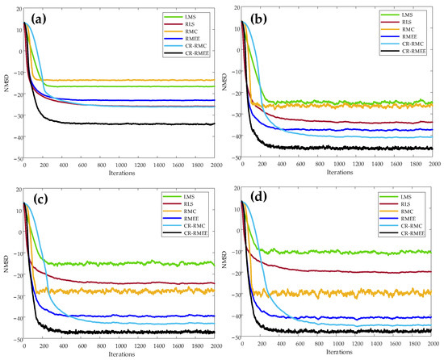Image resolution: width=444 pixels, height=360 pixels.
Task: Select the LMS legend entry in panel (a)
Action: pyautogui.click(x=185, y=16)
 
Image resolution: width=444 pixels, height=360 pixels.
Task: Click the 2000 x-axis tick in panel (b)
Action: pyautogui.click(x=432, y=165)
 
